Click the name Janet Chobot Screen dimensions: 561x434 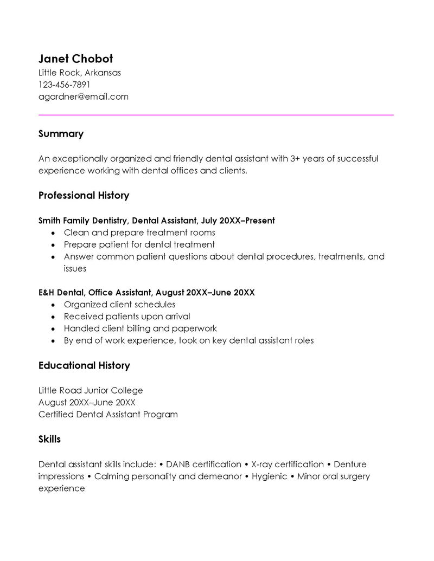tap(75, 59)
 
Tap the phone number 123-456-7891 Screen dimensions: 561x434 tap(64, 85)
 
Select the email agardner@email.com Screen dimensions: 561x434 tap(83, 97)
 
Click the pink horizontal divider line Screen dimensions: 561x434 tap(216, 115)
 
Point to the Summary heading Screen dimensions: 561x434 tap(61, 134)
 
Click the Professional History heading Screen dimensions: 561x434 tap(84, 196)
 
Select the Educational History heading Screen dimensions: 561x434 tap(84, 366)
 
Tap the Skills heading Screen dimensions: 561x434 tap(49, 440)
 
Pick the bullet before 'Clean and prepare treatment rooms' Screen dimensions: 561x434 tap(53, 233)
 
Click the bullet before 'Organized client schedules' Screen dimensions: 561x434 tap(53, 305)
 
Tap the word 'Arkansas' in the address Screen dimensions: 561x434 tap(103, 73)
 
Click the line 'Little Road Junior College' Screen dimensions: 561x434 tap(91, 390)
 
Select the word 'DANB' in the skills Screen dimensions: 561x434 tap(177, 465)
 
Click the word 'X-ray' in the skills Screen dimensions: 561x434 tap(263, 465)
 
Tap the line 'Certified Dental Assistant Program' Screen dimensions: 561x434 tap(108, 415)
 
